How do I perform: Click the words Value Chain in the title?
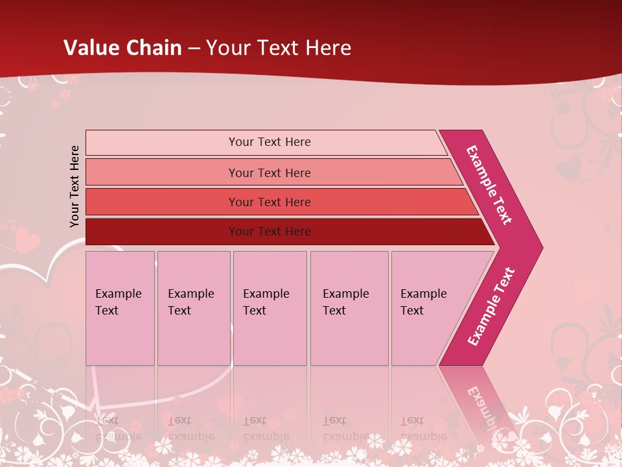click(x=122, y=47)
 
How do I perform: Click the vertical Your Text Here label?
click(x=75, y=186)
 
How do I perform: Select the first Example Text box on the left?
click(x=120, y=308)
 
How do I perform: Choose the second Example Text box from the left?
click(x=193, y=308)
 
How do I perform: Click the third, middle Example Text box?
click(x=269, y=308)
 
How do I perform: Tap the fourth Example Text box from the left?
click(x=349, y=308)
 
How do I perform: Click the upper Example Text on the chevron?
click(x=490, y=185)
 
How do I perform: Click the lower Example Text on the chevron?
click(x=492, y=306)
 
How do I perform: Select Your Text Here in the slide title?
click(x=279, y=47)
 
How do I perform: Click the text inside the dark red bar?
click(x=270, y=232)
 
